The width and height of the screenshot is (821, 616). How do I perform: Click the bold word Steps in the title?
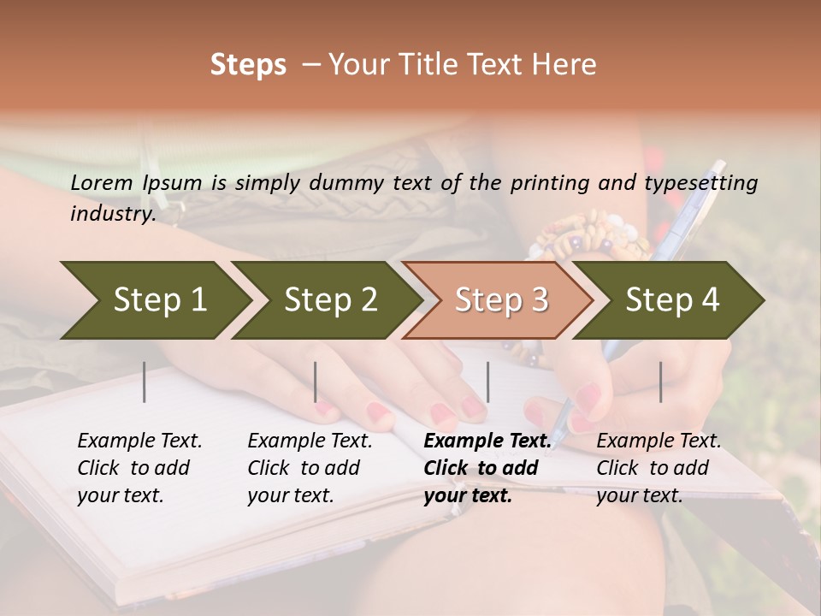[x=248, y=65]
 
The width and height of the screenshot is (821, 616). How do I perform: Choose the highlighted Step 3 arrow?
[x=499, y=300]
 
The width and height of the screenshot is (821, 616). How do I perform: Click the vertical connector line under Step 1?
[x=145, y=382]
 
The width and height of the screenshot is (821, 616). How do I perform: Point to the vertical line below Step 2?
[x=316, y=382]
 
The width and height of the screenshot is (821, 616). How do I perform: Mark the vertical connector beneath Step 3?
[x=488, y=382]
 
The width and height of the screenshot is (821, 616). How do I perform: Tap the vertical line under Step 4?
[x=661, y=382]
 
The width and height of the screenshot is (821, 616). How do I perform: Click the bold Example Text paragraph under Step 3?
[x=487, y=468]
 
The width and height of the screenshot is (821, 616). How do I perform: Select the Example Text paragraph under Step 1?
[x=139, y=468]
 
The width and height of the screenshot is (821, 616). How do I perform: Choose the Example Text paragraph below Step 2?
[x=310, y=468]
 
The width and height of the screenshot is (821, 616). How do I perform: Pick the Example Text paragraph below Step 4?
[x=659, y=468]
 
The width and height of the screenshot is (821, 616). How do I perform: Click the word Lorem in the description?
[x=102, y=182]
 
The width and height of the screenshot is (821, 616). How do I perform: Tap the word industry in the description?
[x=112, y=213]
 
